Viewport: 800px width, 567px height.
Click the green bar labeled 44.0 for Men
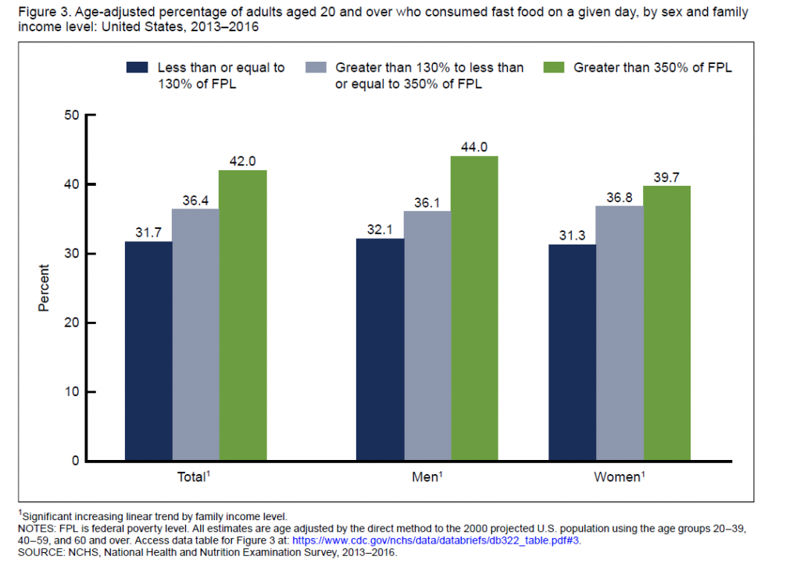point(473,308)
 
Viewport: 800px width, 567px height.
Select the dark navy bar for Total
point(148,351)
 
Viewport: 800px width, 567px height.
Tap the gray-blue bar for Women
point(619,333)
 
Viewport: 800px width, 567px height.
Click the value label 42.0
point(242,161)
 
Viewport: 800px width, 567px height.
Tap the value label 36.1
point(427,201)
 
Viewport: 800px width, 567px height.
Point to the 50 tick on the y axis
point(73,116)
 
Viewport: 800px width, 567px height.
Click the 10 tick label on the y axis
point(73,391)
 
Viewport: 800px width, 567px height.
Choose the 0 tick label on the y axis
point(76,461)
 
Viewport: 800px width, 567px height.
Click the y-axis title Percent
point(45,288)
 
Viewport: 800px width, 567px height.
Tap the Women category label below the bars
point(617,476)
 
